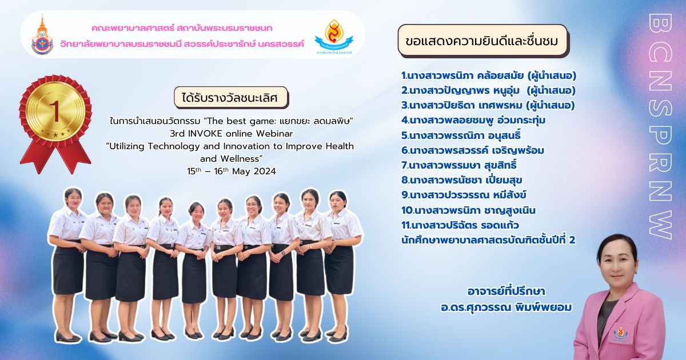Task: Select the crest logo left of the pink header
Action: tap(42, 35)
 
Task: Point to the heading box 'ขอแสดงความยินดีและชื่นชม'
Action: tap(482, 41)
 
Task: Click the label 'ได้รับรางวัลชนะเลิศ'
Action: tap(231, 98)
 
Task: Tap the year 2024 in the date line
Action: tap(265, 171)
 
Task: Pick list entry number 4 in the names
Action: tap(473, 121)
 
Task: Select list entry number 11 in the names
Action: tap(460, 225)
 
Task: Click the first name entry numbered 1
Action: tap(489, 75)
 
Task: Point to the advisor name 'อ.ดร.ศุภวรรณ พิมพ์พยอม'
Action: tap(506, 307)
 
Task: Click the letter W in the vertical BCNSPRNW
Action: tap(660, 225)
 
